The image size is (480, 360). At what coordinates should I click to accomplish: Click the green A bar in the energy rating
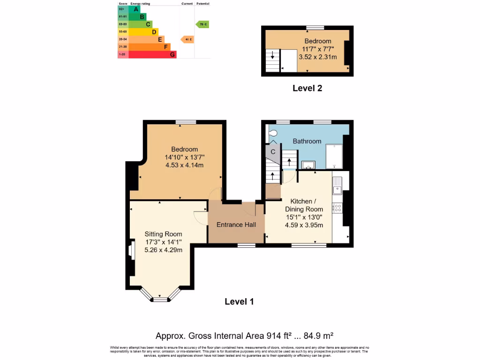pyautogui.click(x=135, y=9)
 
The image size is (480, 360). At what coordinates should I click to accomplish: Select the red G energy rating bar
pyautogui.click(x=152, y=54)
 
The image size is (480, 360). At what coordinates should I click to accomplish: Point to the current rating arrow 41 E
pyautogui.click(x=187, y=39)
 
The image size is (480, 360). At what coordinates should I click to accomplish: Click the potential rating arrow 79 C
pyautogui.click(x=202, y=24)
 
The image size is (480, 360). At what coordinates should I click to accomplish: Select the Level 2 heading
pyautogui.click(x=307, y=88)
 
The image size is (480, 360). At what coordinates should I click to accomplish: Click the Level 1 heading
pyautogui.click(x=239, y=301)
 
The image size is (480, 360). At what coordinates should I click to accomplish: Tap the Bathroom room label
pyautogui.click(x=307, y=141)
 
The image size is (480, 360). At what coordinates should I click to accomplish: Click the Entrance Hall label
pyautogui.click(x=236, y=225)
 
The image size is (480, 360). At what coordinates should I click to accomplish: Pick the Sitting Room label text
pyautogui.click(x=163, y=234)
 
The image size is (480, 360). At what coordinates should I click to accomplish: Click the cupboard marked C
pyautogui.click(x=272, y=152)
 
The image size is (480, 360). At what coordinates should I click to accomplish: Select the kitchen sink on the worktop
pyautogui.click(x=337, y=189)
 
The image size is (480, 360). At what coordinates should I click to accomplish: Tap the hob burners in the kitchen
pyautogui.click(x=337, y=207)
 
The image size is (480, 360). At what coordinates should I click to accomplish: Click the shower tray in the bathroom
pyautogui.click(x=334, y=156)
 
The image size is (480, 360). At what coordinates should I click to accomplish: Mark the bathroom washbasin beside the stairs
pyautogui.click(x=308, y=165)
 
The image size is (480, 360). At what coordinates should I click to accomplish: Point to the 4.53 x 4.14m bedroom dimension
pyautogui.click(x=184, y=165)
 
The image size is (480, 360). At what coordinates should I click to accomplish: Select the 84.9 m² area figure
pyautogui.click(x=317, y=335)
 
